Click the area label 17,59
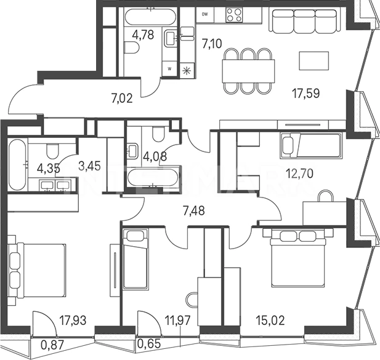[x=306, y=94]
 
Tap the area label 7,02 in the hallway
[x=122, y=99]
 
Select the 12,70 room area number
[x=299, y=174]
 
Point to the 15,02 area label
[x=270, y=320]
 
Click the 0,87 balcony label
[x=52, y=345]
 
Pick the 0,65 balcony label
[x=149, y=344]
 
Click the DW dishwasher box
[x=205, y=15]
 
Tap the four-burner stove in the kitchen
[x=234, y=15]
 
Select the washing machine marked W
[x=169, y=68]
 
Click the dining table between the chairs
[x=249, y=71]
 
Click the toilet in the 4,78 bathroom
[x=131, y=47]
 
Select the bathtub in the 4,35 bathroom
[x=17, y=164]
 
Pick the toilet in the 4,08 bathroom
[x=158, y=134]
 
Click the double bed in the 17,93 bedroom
[x=36, y=270]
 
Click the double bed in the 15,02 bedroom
[x=298, y=258]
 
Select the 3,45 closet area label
[x=89, y=166]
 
